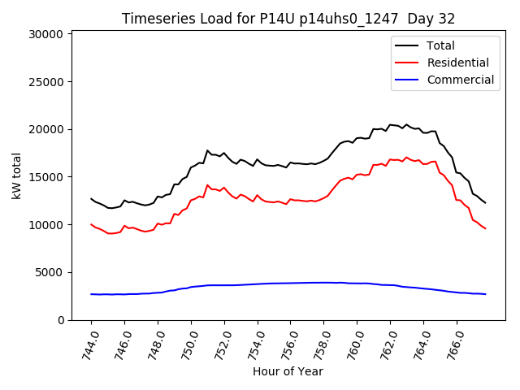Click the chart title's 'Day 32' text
coord(429,19)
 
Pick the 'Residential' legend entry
coord(457,63)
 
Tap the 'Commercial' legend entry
coord(460,80)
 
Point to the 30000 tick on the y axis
coord(47,34)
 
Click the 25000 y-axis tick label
coord(47,82)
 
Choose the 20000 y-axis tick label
coord(47,130)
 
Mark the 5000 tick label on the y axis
coord(50,272)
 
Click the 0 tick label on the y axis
coord(60,320)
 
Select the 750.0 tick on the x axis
coord(189,344)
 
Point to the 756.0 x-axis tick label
coord(288,344)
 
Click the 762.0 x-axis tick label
coord(388,344)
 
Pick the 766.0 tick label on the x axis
coord(454,344)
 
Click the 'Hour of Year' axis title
coord(288,372)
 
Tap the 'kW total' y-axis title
coord(17,175)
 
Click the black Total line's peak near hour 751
coord(207,151)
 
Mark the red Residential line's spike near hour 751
coord(207,185)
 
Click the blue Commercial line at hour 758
coord(323,283)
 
